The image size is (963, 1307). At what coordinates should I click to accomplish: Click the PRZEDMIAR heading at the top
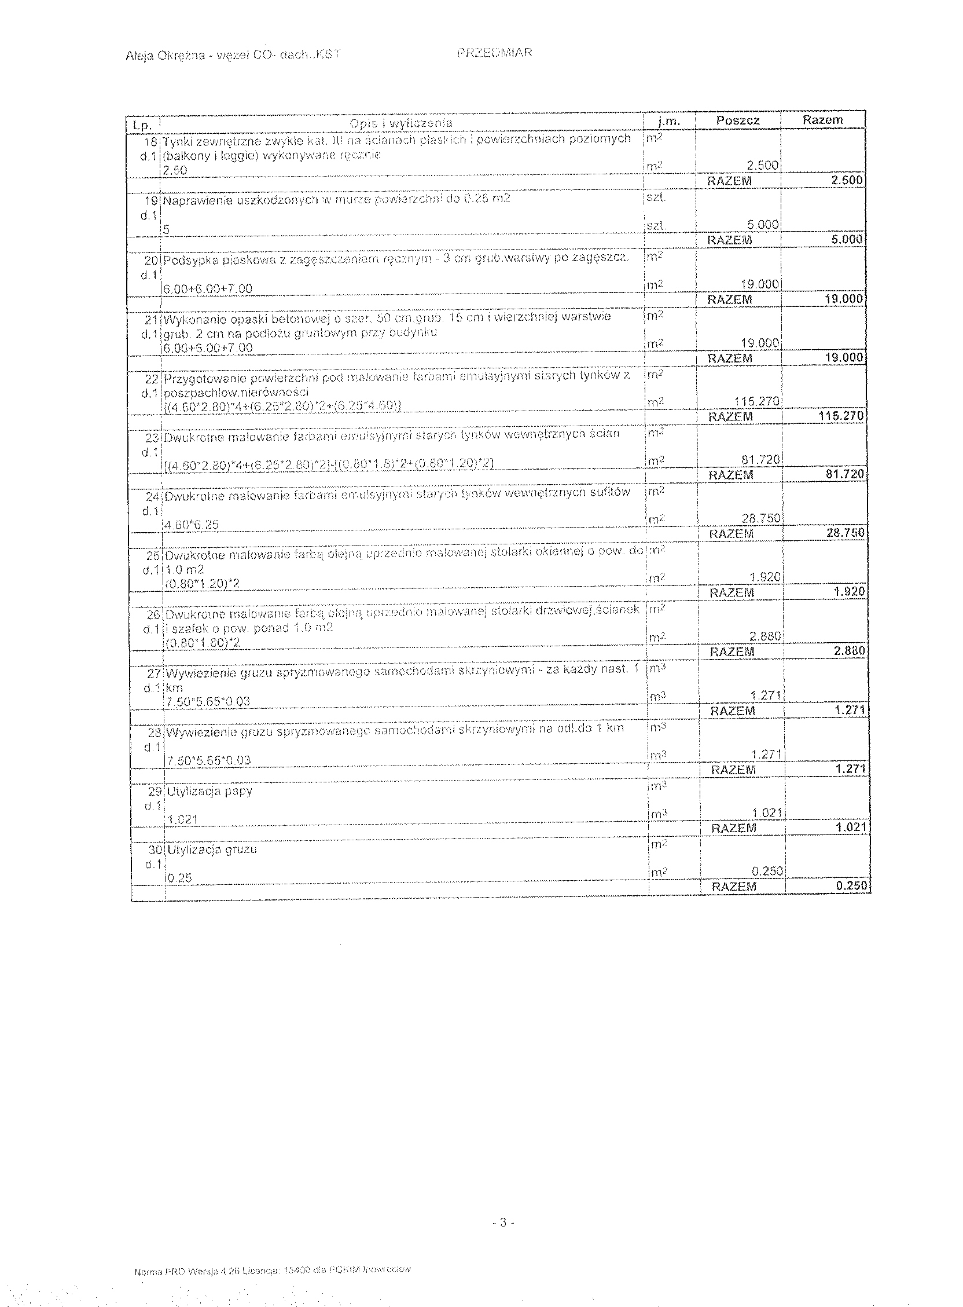point(494,53)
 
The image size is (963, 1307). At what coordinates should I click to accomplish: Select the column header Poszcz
point(737,120)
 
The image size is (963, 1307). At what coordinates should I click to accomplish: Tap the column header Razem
point(822,119)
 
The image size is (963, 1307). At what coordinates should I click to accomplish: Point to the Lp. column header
point(142,125)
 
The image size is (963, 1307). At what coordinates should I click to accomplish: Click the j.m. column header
point(668,121)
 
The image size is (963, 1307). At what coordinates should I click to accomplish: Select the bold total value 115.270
point(841,416)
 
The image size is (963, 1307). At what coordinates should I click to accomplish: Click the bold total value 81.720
point(845,474)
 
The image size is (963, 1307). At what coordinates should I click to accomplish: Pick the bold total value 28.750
point(845,533)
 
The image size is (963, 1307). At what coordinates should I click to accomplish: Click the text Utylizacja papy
point(209,792)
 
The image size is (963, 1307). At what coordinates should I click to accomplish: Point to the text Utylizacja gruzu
point(212,850)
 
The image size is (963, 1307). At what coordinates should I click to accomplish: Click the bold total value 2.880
point(849,650)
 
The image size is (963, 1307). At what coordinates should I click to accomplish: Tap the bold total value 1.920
point(849,591)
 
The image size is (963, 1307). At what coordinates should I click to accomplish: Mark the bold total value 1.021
point(851,827)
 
